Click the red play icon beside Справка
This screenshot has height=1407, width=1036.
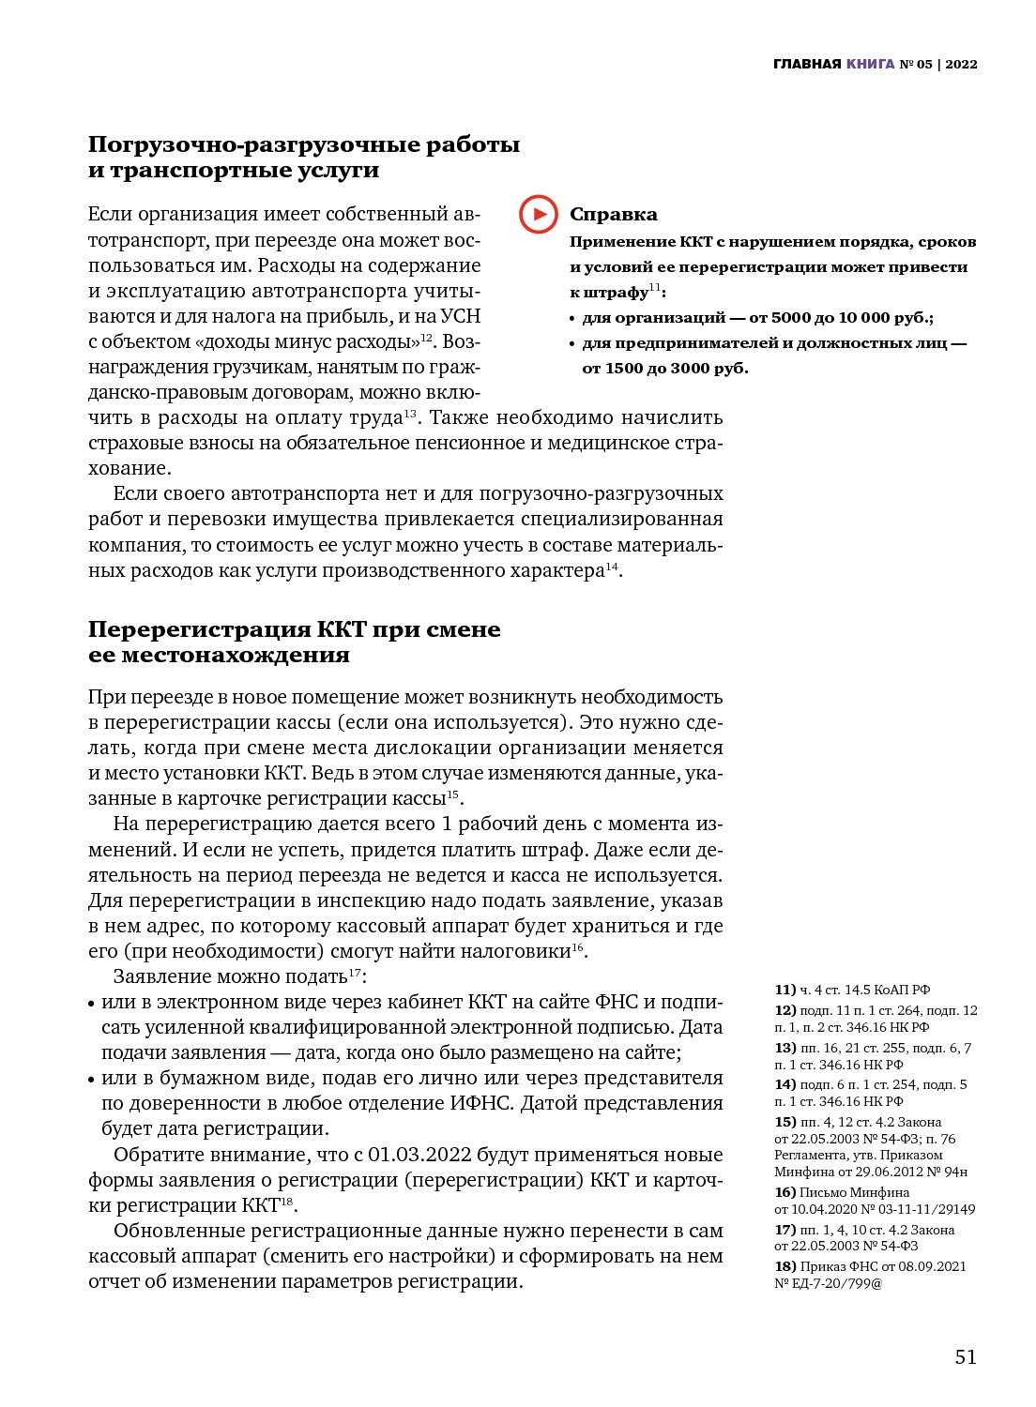click(539, 214)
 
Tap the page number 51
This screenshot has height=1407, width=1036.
click(966, 1356)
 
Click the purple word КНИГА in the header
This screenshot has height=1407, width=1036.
click(870, 65)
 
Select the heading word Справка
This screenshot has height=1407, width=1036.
click(614, 215)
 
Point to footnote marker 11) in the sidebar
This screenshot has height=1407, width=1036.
click(785, 990)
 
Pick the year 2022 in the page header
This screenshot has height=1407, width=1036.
click(961, 65)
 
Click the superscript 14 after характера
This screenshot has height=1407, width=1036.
click(612, 567)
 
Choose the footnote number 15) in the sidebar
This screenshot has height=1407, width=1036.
click(785, 1122)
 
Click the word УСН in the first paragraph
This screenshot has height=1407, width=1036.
click(460, 316)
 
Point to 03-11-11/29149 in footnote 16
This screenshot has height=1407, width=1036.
click(927, 1209)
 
